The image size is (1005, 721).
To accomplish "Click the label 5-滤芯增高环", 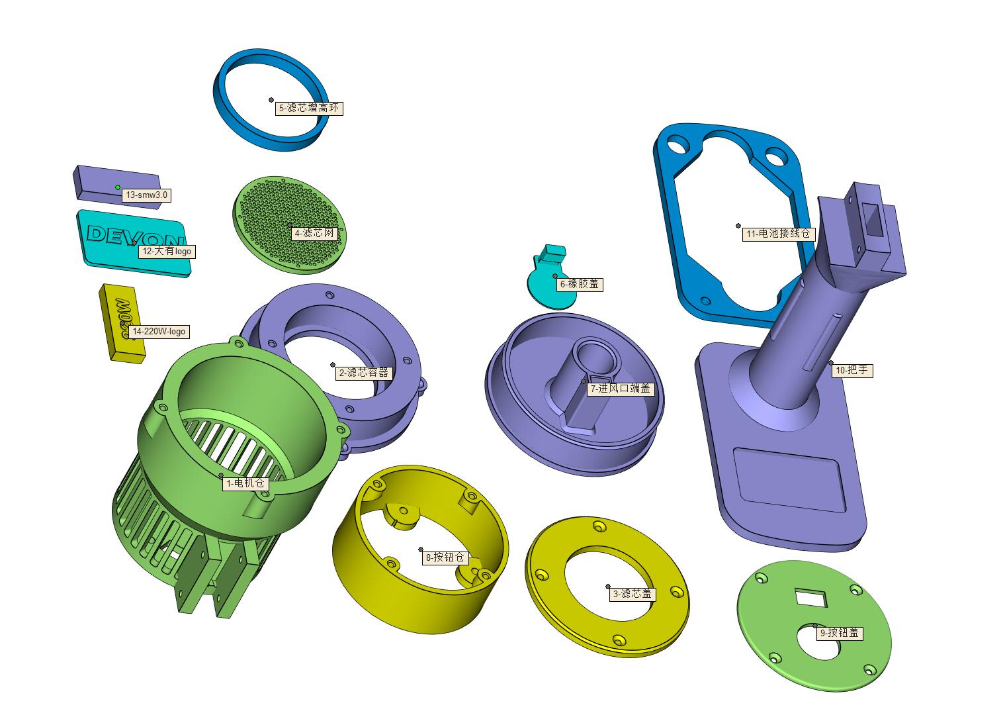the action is (x=309, y=108).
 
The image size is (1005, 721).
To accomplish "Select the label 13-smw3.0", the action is (x=146, y=195).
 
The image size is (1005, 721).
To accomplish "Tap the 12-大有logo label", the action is (x=167, y=252).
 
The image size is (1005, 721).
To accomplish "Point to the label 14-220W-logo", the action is (x=159, y=332).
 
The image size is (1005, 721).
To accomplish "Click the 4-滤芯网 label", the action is (x=314, y=233).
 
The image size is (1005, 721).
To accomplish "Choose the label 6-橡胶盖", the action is (x=579, y=284).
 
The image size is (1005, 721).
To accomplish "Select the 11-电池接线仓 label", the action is (x=778, y=234).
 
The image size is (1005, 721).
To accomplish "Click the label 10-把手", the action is (x=852, y=370).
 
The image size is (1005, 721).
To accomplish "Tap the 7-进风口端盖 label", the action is (x=621, y=389).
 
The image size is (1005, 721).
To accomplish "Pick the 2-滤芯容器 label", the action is (x=364, y=373).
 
